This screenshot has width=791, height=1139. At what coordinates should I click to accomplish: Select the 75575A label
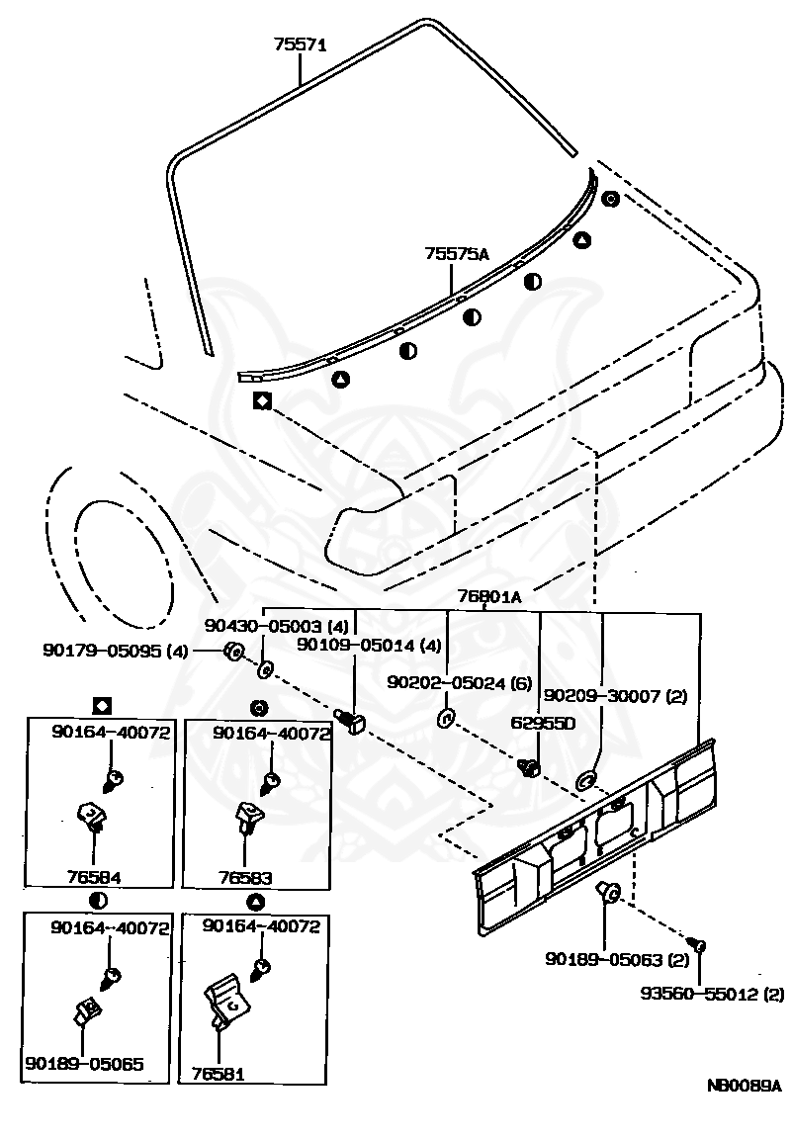point(457,254)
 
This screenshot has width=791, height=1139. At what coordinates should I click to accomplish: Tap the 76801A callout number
point(489,596)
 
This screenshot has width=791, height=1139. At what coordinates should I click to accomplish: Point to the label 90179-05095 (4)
point(115,651)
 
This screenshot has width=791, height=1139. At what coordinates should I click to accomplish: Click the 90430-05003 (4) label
point(277,626)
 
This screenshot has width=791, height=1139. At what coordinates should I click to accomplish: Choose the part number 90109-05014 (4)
point(369,646)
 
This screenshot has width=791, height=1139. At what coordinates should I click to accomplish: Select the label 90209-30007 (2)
point(615,695)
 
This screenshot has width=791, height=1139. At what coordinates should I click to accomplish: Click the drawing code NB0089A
point(744,1085)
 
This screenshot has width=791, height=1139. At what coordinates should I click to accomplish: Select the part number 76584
point(96,877)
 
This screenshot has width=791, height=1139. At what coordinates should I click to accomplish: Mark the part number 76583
point(245,877)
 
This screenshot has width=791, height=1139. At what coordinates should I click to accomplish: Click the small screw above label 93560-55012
point(698,947)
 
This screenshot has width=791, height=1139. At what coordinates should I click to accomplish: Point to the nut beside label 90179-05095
point(234,651)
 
